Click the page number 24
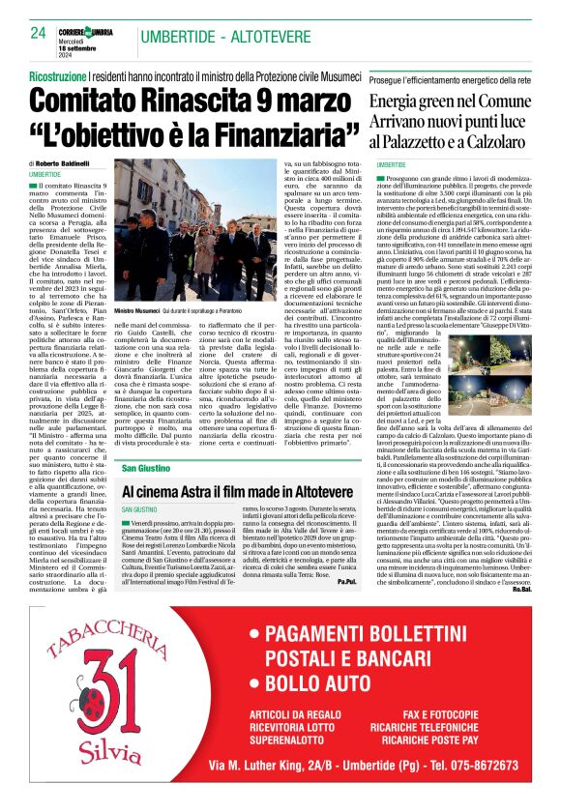coord(39,34)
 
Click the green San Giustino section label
coord(143,468)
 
